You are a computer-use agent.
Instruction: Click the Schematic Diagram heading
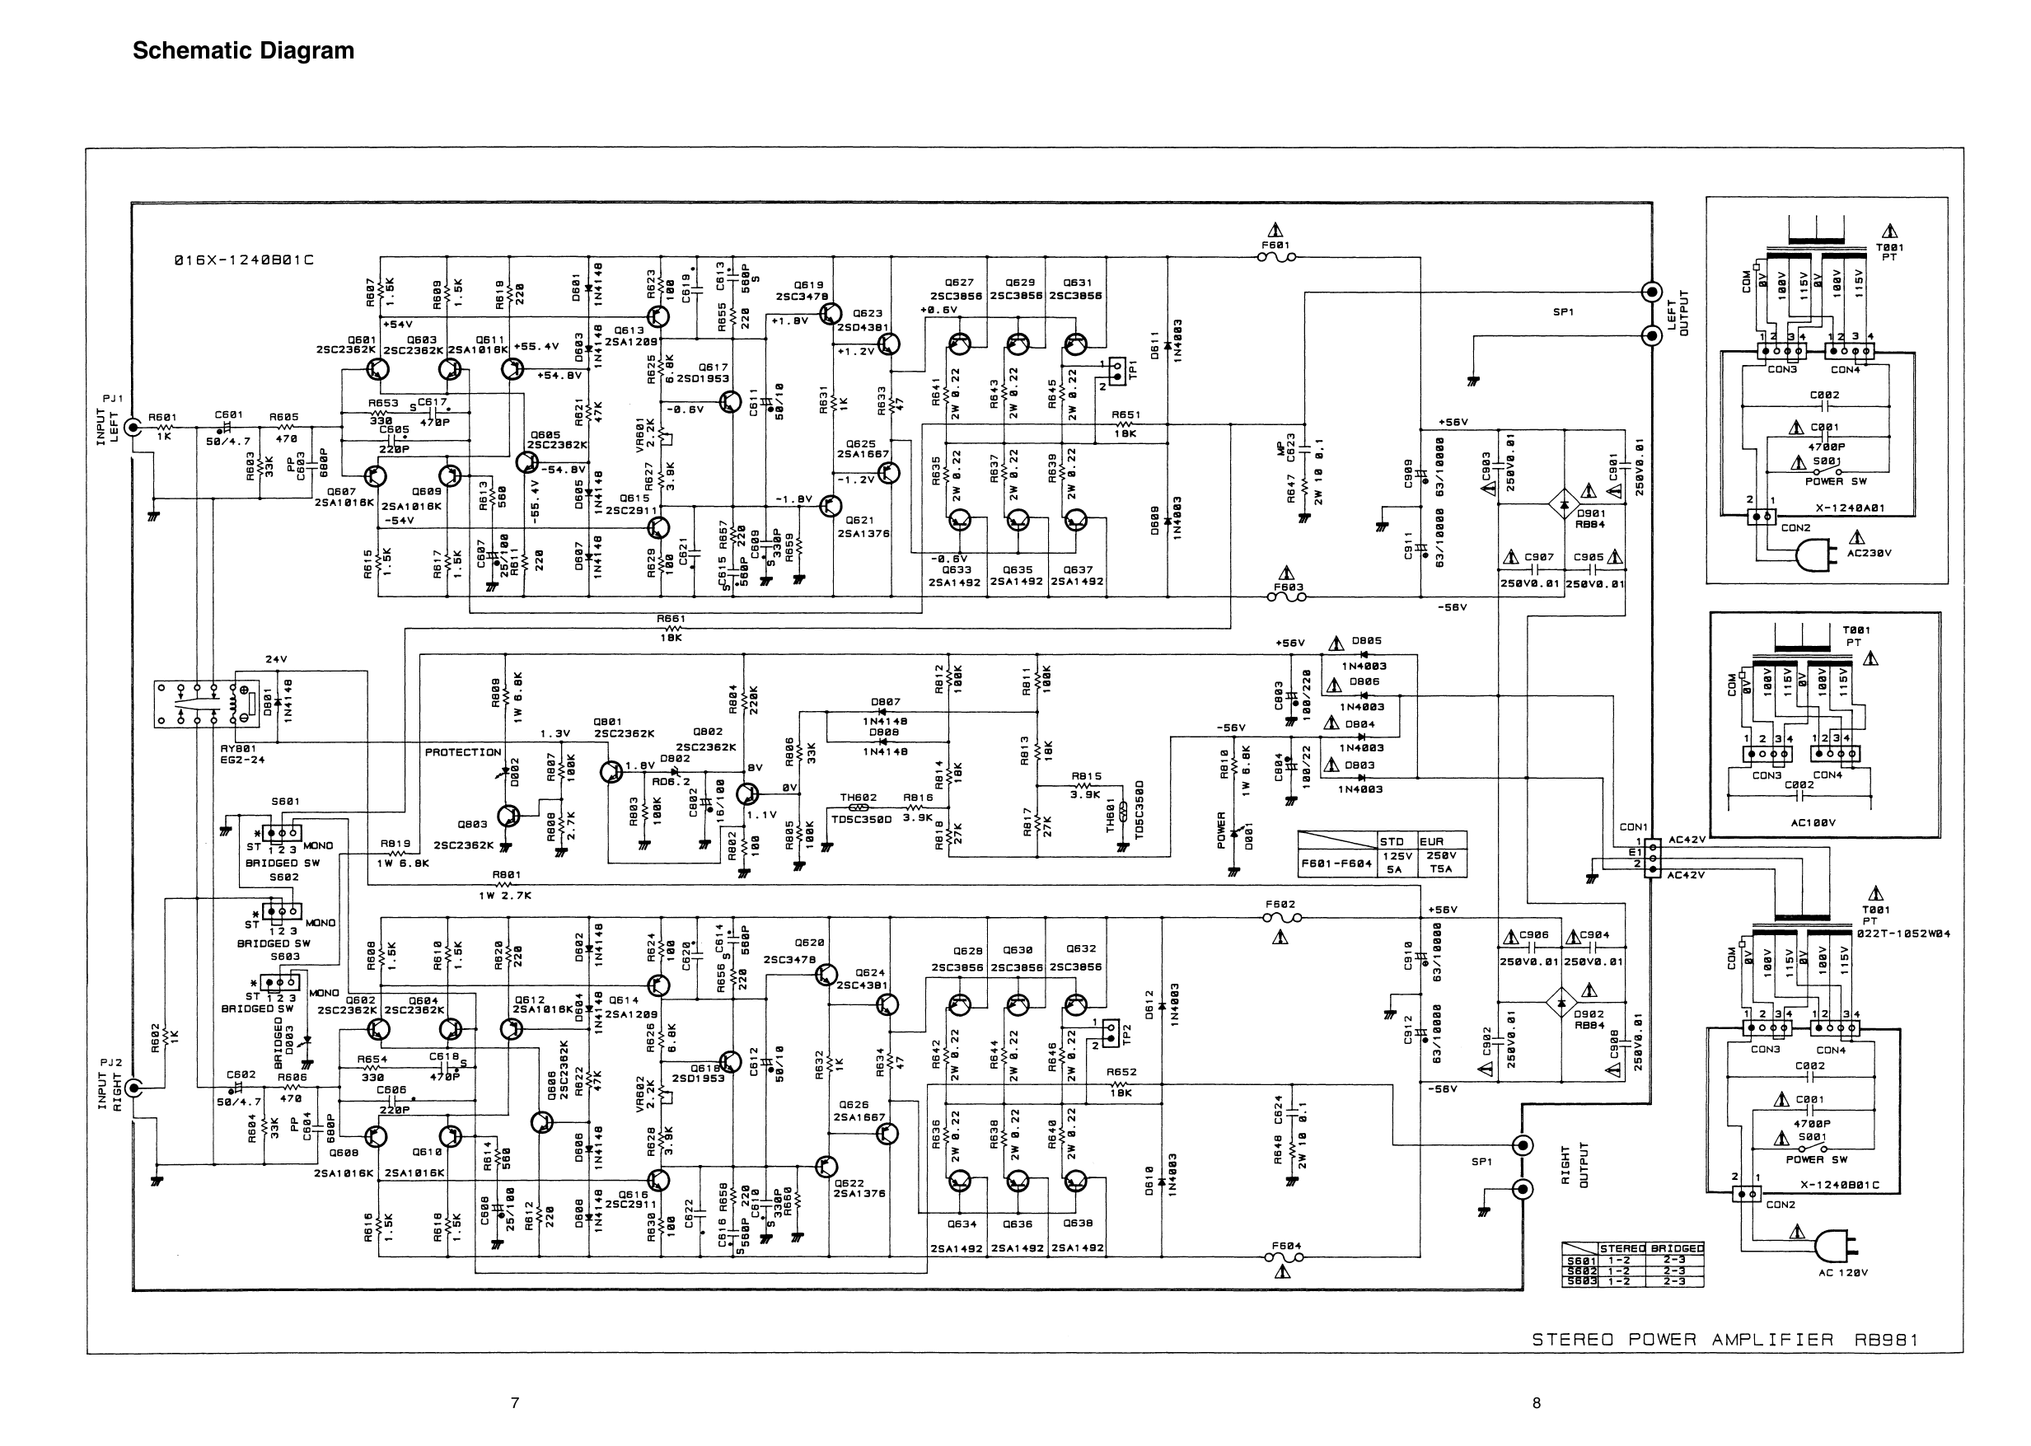click(243, 51)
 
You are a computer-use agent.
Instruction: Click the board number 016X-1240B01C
click(244, 261)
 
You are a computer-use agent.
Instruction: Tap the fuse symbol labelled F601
click(1276, 258)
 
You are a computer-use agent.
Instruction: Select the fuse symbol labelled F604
click(1283, 1257)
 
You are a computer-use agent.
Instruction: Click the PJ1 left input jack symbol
click(133, 428)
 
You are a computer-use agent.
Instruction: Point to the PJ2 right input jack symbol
click(133, 1087)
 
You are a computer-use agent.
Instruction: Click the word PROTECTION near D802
click(463, 752)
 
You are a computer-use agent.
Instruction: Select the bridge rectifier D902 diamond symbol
click(1564, 1003)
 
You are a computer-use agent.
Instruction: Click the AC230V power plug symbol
click(1815, 556)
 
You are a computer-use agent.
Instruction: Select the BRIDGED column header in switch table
click(1676, 1248)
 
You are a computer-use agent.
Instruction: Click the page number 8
click(1536, 1403)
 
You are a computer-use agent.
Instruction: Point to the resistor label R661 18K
click(672, 628)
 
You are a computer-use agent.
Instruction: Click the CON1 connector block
click(1653, 858)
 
